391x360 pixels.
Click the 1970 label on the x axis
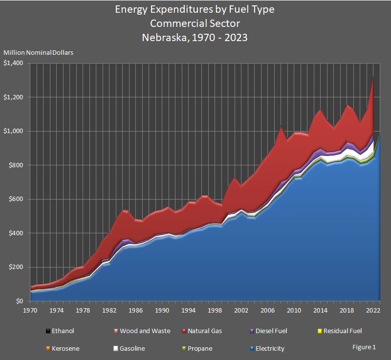pyautogui.click(x=30, y=310)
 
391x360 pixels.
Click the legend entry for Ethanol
pyautogui.click(x=61, y=331)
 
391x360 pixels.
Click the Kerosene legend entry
pyautogui.click(x=62, y=349)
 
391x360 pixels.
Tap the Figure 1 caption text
pyautogui.click(x=364, y=347)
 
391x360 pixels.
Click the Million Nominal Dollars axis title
pyautogui.click(x=38, y=52)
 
